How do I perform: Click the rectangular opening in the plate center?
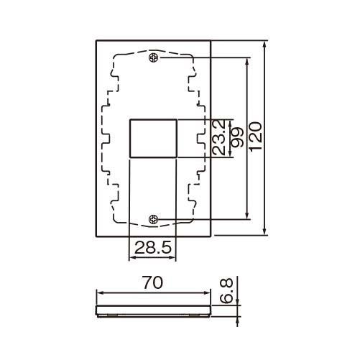152,138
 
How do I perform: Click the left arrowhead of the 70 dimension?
99,292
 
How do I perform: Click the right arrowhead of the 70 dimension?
208,292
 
